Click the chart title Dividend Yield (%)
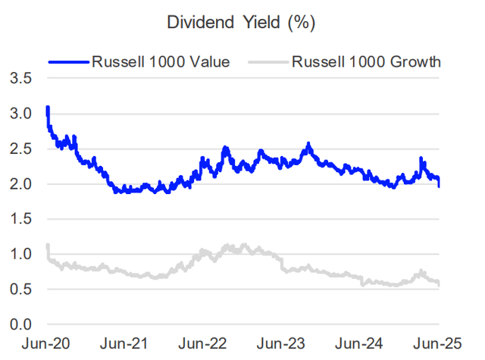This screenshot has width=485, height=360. coord(240,23)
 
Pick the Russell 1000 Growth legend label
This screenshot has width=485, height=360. coord(367,61)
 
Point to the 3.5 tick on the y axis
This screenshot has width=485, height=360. coord(20,79)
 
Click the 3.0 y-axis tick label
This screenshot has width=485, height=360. coord(20,114)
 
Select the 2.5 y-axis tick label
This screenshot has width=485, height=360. coord(20,149)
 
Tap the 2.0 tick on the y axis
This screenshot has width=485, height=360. coord(20,184)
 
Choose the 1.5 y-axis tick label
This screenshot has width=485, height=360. coord(20,219)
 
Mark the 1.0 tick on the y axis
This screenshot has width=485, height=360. coord(20,254)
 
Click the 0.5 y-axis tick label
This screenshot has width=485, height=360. coord(20,290)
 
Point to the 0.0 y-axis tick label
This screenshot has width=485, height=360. coord(20,324)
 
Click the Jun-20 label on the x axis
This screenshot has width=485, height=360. coord(48,343)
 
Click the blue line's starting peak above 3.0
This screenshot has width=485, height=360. coord(48,108)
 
